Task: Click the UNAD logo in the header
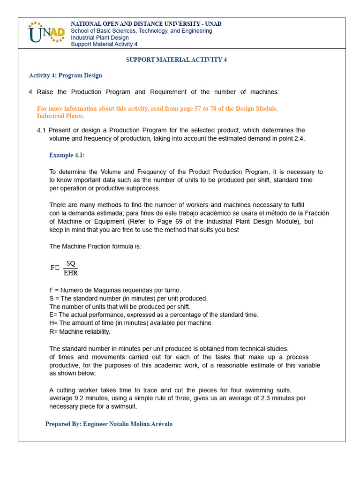tap(45, 33)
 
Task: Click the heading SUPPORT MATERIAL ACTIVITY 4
tap(176, 60)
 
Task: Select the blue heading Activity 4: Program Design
tap(65, 75)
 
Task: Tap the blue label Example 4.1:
tap(67, 155)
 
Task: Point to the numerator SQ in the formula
tap(71, 264)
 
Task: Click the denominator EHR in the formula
tap(71, 273)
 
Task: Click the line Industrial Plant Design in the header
tap(99, 37)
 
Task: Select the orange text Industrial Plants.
tap(60, 116)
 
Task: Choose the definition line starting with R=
tap(80, 332)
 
